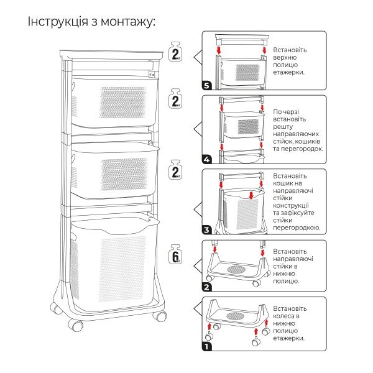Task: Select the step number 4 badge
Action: [207, 160]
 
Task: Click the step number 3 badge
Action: [207, 231]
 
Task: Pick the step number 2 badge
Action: [207, 287]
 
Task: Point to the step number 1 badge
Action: [207, 346]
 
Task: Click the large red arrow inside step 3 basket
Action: [251, 196]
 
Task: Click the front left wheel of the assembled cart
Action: [78, 325]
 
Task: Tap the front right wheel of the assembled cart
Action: [162, 316]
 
